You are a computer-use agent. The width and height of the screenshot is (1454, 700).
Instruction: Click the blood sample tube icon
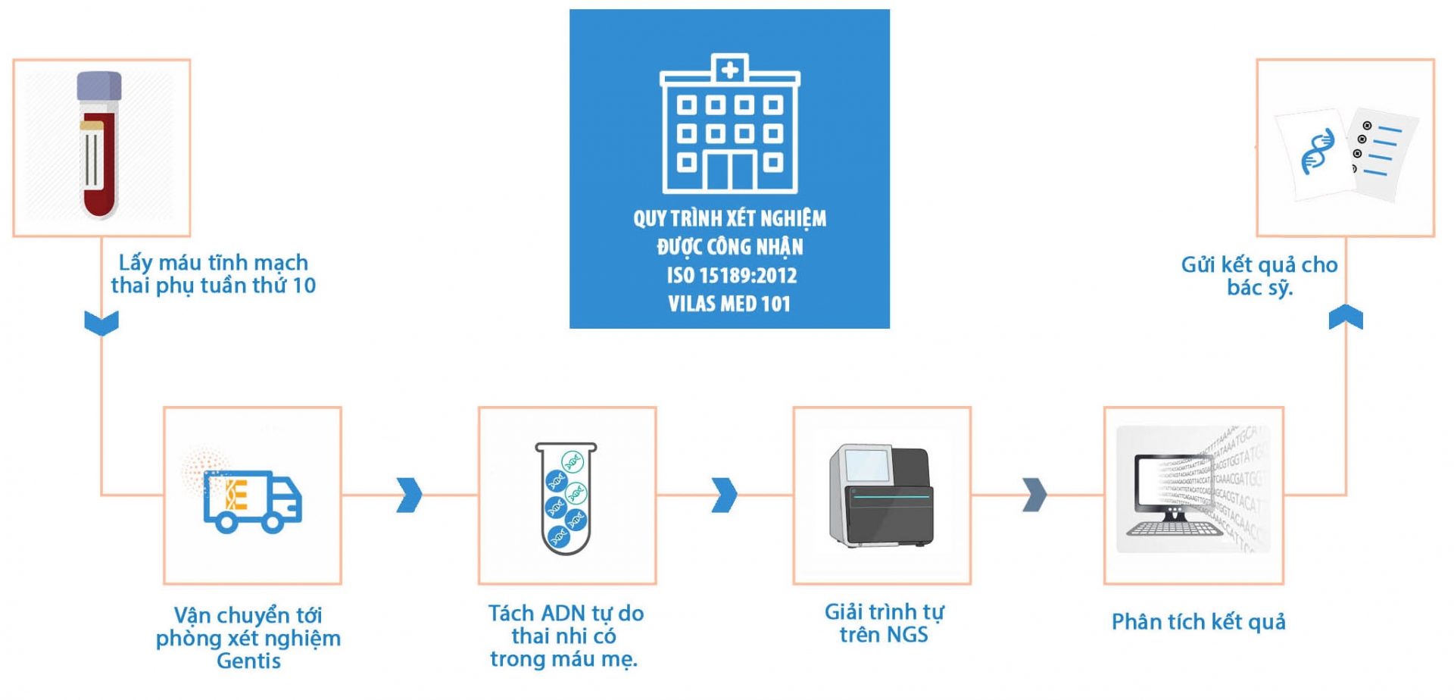[x=99, y=148]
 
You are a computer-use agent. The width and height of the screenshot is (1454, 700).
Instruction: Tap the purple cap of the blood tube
[x=99, y=86]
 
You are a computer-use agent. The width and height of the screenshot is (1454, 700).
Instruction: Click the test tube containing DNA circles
[x=566, y=498]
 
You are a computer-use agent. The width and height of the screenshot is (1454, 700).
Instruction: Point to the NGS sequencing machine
[x=881, y=496]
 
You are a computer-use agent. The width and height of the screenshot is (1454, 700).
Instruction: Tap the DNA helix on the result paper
[x=1318, y=152]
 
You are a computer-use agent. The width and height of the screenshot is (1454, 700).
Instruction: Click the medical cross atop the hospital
[x=730, y=70]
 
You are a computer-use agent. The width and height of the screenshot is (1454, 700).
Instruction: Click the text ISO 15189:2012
[x=731, y=275]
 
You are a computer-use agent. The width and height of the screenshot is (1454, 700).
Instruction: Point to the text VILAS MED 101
[x=729, y=304]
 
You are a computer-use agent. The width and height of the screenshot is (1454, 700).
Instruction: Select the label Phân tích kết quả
[x=1198, y=622]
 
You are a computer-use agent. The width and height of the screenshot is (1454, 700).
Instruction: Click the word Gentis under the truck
[x=248, y=661]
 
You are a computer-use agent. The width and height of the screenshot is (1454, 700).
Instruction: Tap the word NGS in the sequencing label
[x=906, y=635]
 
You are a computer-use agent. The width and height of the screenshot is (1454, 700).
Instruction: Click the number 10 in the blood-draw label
[x=304, y=286]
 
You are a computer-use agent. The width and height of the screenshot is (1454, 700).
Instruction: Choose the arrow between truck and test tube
[x=409, y=495]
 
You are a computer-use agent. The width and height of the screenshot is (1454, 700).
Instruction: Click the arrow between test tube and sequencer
[x=724, y=495]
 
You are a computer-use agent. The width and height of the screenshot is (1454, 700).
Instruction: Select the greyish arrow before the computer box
[x=1034, y=495]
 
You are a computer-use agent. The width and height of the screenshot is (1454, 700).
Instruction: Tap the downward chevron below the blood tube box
[x=101, y=323]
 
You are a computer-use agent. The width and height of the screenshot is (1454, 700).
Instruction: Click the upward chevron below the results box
[x=1346, y=317]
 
